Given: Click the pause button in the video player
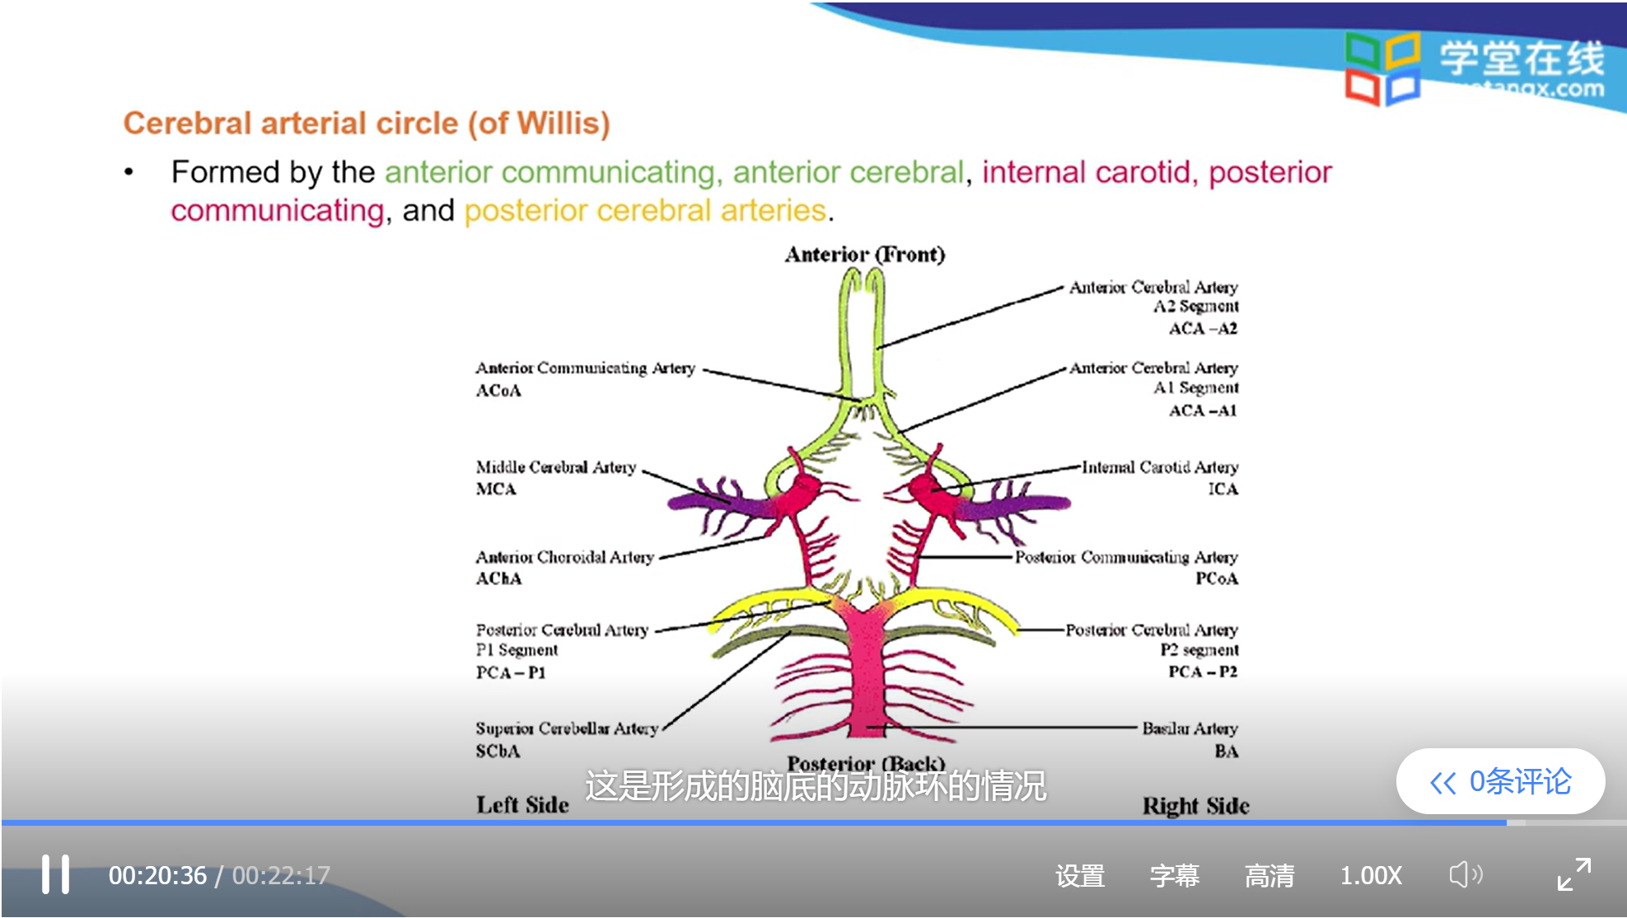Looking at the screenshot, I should click(56, 874).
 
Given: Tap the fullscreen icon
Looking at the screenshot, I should click(1573, 874).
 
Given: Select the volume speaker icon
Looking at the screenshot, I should click(1465, 874).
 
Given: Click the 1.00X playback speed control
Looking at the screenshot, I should click(1371, 875).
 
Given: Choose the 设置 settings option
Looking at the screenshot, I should click(1080, 875).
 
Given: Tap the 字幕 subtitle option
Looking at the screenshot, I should click(1175, 875).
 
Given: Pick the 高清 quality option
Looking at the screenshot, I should click(1269, 875).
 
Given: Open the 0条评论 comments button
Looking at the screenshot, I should click(1501, 781).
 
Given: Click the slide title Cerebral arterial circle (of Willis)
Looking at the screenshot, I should click(367, 124).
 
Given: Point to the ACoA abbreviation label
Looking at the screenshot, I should click(498, 391).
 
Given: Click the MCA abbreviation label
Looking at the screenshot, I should click(496, 489).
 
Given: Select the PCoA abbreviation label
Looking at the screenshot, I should click(1217, 578).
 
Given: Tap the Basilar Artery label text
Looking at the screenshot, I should click(1190, 728).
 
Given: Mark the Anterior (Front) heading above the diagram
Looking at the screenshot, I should click(865, 255).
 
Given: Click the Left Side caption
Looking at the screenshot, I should click(522, 805).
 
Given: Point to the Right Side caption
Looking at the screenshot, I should click(1195, 806).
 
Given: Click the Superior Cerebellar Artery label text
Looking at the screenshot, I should click(567, 728).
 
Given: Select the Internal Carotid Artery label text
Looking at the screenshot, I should click(1160, 467).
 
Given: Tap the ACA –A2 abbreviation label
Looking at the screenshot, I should click(1203, 329).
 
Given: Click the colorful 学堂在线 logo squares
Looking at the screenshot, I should click(1382, 68).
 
